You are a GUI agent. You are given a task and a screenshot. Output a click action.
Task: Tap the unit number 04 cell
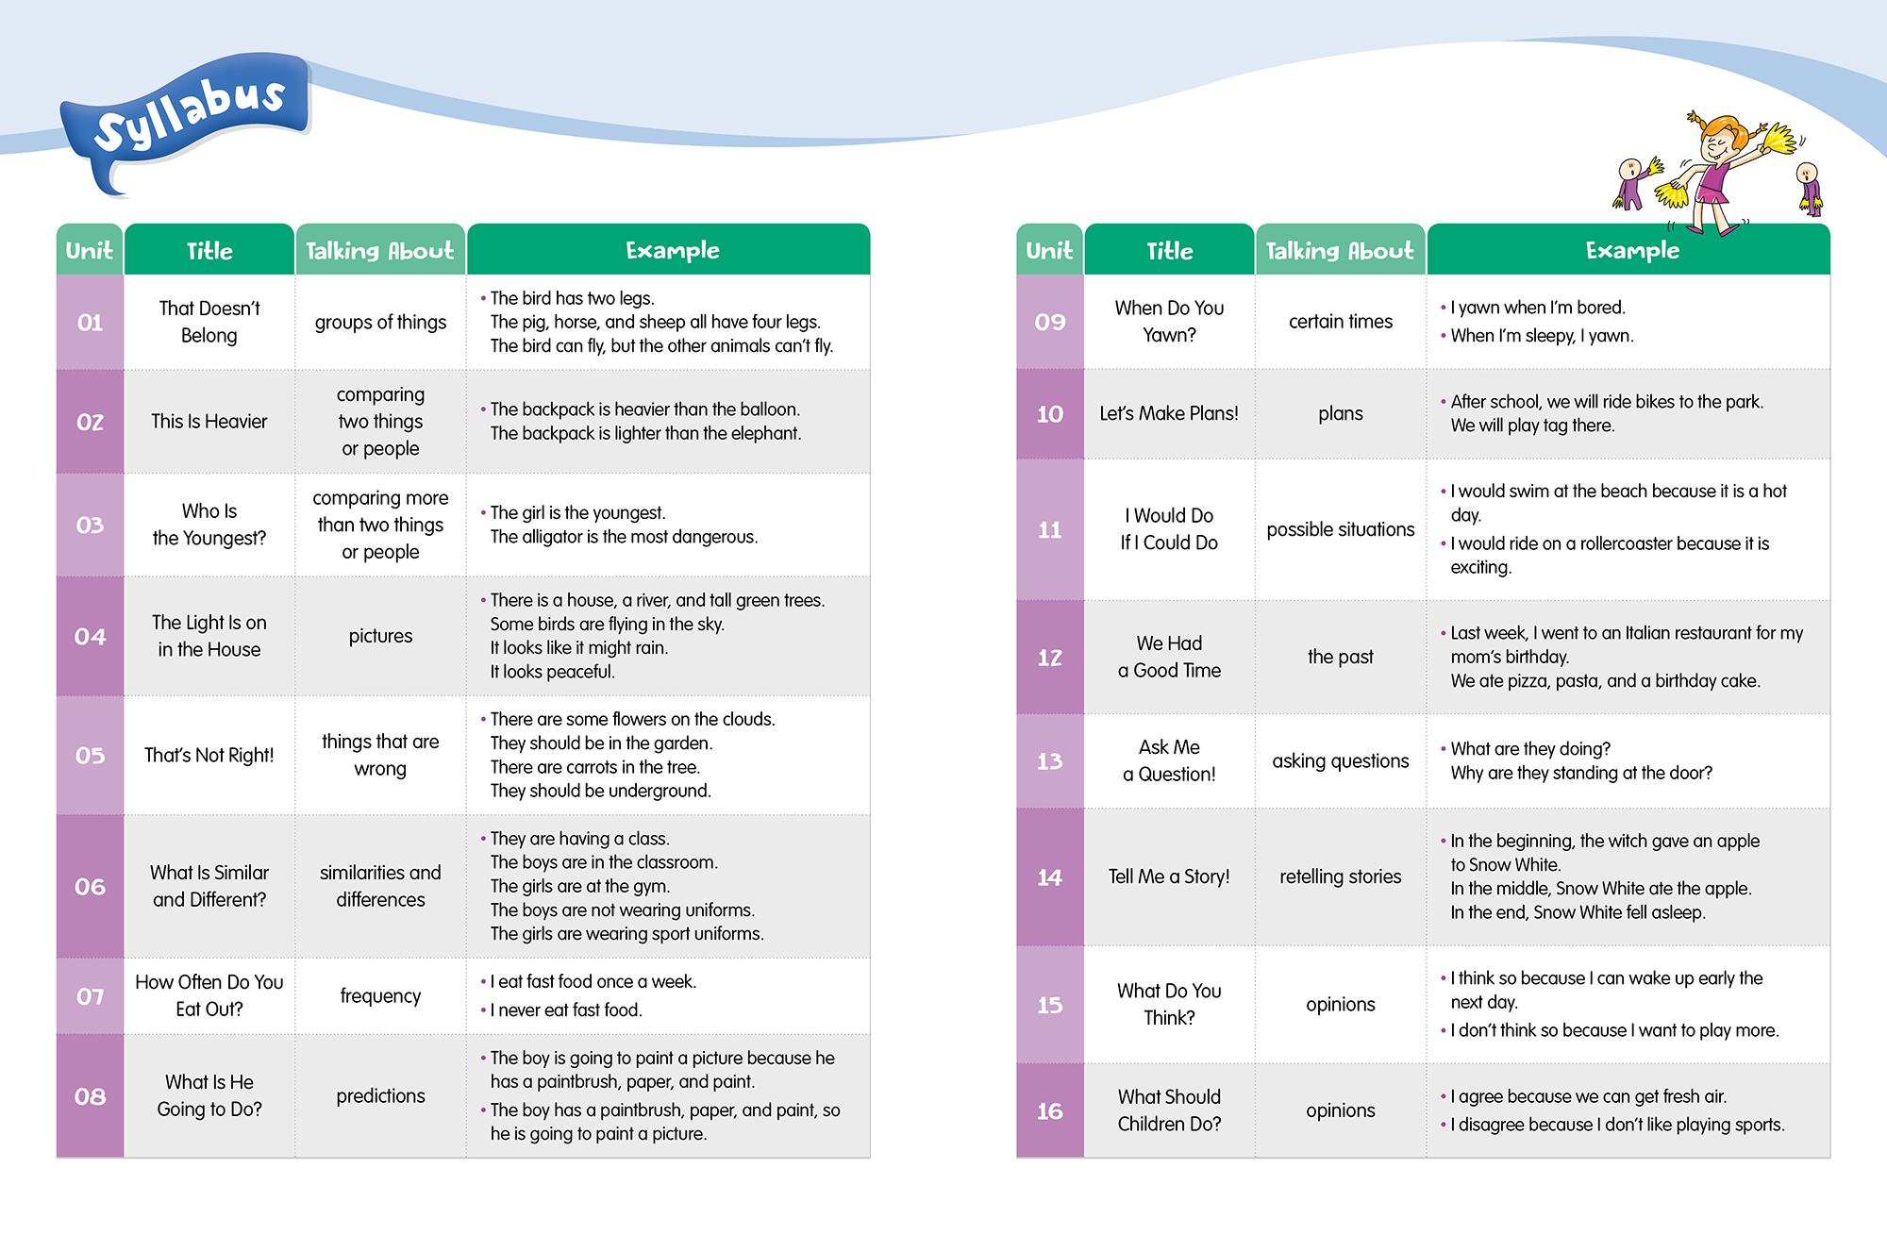90,637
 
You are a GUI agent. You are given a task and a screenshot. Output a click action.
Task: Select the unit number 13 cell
1049,761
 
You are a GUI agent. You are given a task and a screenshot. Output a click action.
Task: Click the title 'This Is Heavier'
209,422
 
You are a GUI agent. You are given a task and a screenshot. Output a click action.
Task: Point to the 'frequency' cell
380,996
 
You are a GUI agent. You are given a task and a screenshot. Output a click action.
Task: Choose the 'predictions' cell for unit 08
380,1096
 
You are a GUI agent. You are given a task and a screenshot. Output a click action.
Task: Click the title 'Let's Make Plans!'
1168,413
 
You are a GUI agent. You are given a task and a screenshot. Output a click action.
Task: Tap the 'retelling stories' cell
1340,876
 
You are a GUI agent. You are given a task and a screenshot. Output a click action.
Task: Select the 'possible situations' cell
1340,529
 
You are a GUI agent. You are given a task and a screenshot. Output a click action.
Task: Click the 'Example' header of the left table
672,250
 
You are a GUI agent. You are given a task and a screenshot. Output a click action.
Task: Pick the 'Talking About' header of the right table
1339,250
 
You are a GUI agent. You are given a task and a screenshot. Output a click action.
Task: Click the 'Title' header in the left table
209,251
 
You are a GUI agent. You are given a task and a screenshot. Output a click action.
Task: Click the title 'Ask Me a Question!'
1168,760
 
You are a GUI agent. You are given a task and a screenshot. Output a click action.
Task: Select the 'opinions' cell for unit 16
1340,1110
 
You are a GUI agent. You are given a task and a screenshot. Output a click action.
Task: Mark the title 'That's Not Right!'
209,755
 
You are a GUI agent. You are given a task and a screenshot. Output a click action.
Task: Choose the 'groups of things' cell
380,323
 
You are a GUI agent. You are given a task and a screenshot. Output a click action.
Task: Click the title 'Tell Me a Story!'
1168,876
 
